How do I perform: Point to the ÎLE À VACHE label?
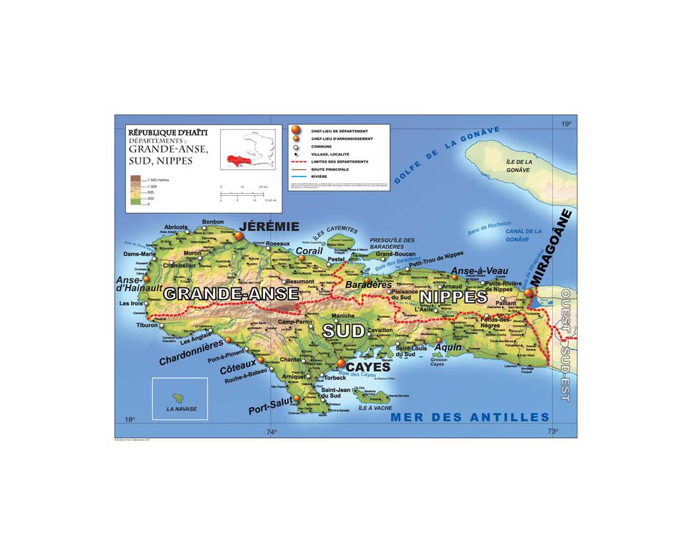click(373, 408)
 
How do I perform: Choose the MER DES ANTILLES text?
click(470, 417)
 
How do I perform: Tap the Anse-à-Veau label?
click(479, 271)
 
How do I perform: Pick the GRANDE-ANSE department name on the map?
click(231, 294)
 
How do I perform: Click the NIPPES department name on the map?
click(454, 297)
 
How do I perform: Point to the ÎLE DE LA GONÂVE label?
click(519, 165)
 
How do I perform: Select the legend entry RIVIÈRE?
click(318, 177)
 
